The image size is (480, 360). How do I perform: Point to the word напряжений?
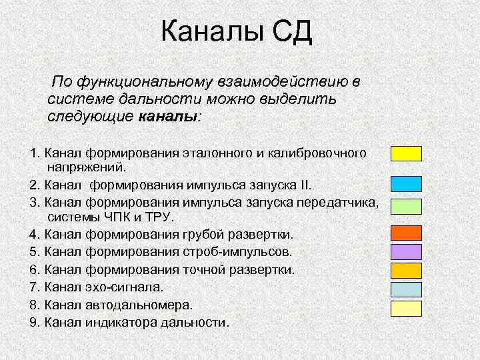[87, 168]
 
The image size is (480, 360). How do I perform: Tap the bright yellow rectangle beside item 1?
[406, 153]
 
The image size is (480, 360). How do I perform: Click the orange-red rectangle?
[406, 233]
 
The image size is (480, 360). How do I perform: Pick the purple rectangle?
[406, 251]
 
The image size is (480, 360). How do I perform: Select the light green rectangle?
[406, 205]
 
